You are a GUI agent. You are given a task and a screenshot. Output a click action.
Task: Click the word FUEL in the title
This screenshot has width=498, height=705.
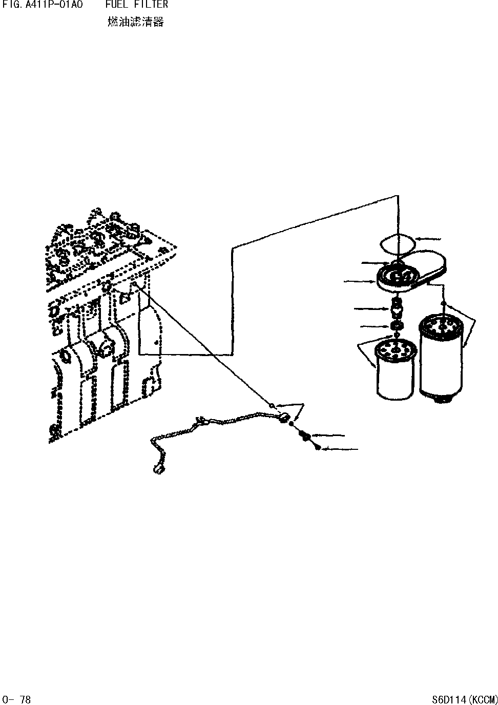pyautogui.click(x=115, y=5)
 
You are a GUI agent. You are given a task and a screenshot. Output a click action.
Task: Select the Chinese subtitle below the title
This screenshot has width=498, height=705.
pyautogui.click(x=136, y=22)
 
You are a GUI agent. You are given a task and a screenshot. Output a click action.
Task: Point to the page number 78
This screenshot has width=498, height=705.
pyautogui.click(x=25, y=699)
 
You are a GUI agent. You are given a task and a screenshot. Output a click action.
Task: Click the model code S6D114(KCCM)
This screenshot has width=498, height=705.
pyautogui.click(x=464, y=699)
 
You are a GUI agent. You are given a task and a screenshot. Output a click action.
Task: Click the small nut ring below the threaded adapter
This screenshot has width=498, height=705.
pyautogui.click(x=395, y=326)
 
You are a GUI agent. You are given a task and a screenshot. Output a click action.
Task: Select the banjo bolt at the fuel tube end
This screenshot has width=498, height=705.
pyautogui.click(x=304, y=436)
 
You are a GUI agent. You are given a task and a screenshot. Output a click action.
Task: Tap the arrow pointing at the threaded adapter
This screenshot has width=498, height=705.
pyautogui.click(x=371, y=308)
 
